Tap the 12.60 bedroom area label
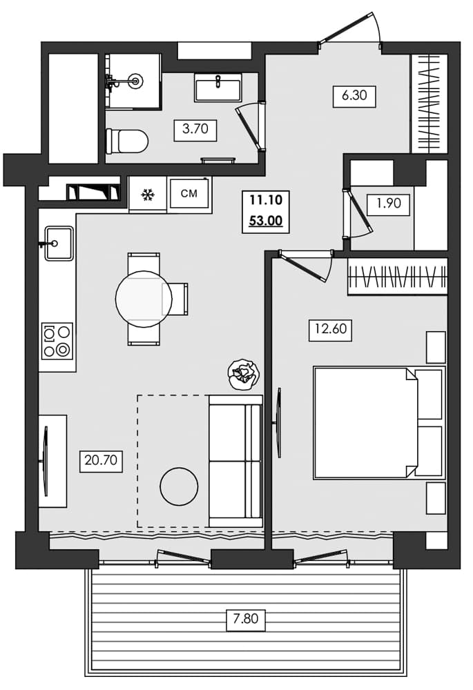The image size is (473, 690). pyautogui.click(x=330, y=329)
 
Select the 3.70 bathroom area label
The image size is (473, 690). pyautogui.click(x=195, y=129)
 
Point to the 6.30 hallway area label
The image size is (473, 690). pyautogui.click(x=354, y=96)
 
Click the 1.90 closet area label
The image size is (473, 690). pyautogui.click(x=388, y=204)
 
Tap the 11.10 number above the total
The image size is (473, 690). pyautogui.click(x=265, y=201)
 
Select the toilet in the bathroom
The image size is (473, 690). pyautogui.click(x=127, y=141)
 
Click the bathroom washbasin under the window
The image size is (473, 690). pyautogui.click(x=218, y=88)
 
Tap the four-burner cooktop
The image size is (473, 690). pyautogui.click(x=57, y=341)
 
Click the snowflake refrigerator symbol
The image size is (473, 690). pyautogui.click(x=147, y=195)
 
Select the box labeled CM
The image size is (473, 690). pyautogui.click(x=189, y=194)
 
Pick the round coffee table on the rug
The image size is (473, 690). pyautogui.click(x=179, y=486)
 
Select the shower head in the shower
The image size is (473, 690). pyautogui.click(x=134, y=81)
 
